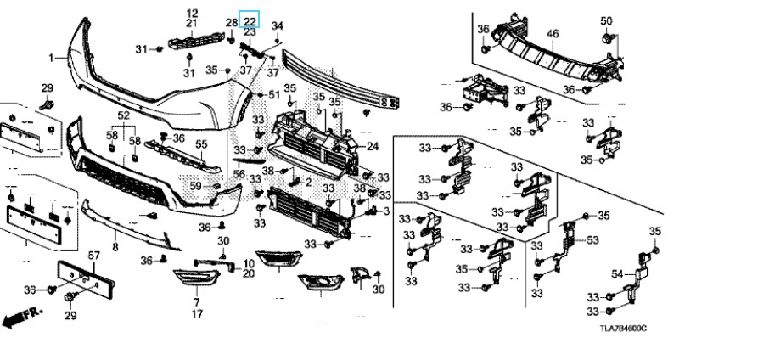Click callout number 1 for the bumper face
coord(51,58)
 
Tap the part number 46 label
coord(552,35)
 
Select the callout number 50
coord(606,20)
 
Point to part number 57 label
coord(94,255)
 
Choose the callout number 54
coord(617,274)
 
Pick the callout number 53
coord(592,240)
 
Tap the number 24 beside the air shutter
coord(372,146)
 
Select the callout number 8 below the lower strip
coord(115,245)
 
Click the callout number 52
coord(124,115)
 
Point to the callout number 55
coord(201,143)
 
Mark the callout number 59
coord(194,185)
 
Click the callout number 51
coord(273,94)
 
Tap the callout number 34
coord(277,27)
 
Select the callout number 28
coord(232,22)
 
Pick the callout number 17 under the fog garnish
coord(197,314)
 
